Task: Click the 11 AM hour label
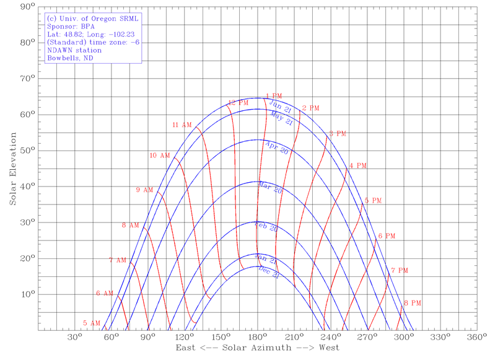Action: pyautogui.click(x=182, y=125)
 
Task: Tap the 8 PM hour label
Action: pyautogui.click(x=413, y=303)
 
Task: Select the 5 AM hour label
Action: pyautogui.click(x=92, y=323)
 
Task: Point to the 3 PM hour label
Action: pyautogui.click(x=338, y=133)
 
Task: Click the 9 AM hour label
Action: pyautogui.click(x=144, y=190)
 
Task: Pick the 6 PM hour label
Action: pyautogui.click(x=387, y=236)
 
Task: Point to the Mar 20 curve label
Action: pyautogui.click(x=270, y=188)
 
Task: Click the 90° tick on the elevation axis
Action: pyautogui.click(x=26, y=7)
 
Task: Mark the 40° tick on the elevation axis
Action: pyautogui.click(x=26, y=187)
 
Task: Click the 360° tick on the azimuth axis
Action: pyautogui.click(x=476, y=338)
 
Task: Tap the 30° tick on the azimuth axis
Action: pyautogui.click(x=74, y=338)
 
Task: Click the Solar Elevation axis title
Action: pyautogui.click(x=12, y=169)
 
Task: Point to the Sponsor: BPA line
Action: pyautogui.click(x=69, y=27)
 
